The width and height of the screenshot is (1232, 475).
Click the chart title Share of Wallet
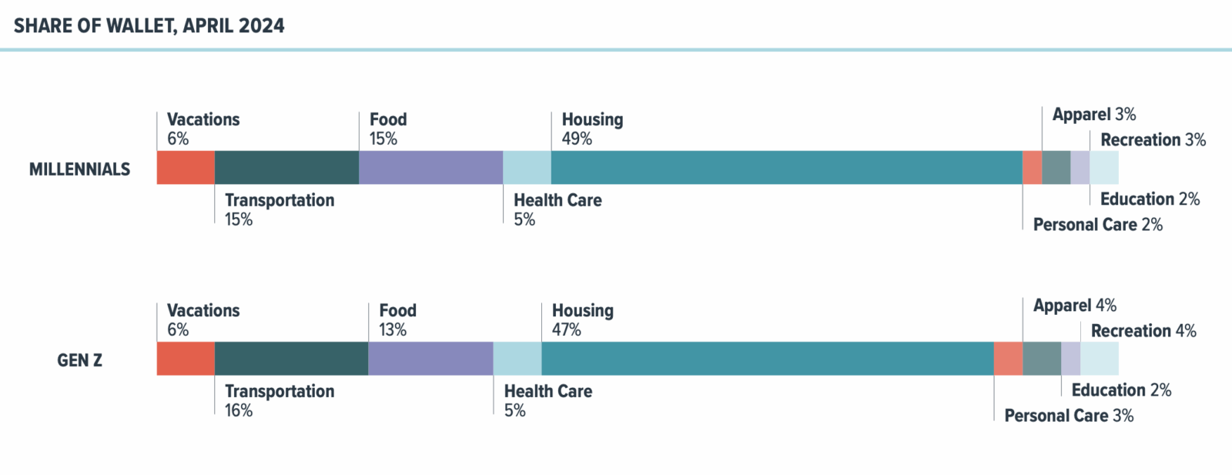(149, 25)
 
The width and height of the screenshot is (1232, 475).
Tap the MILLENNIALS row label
(79, 169)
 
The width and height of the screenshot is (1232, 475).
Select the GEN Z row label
(79, 360)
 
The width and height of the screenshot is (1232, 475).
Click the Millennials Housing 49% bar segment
(785, 168)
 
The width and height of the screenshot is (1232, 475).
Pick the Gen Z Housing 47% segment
(767, 359)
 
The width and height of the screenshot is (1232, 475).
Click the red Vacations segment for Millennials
(186, 168)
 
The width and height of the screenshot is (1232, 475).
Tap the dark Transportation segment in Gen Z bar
(291, 359)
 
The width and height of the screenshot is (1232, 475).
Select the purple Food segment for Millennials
(430, 168)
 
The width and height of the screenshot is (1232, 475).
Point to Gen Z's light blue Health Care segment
(517, 359)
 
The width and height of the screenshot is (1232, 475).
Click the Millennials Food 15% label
(388, 129)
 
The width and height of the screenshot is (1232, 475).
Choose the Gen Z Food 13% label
(397, 319)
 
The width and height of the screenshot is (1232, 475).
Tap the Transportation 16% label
(279, 400)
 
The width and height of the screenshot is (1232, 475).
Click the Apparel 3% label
(1093, 115)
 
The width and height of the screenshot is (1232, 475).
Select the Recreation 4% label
(1143, 331)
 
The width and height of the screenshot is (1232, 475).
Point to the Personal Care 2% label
(1097, 225)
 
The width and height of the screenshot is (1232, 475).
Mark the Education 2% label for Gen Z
(1121, 390)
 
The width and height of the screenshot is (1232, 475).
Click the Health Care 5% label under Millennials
(557, 209)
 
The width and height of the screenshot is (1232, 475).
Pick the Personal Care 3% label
(1069, 416)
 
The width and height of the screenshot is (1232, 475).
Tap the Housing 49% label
(591, 129)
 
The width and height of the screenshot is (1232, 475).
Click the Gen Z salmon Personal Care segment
(1008, 359)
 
